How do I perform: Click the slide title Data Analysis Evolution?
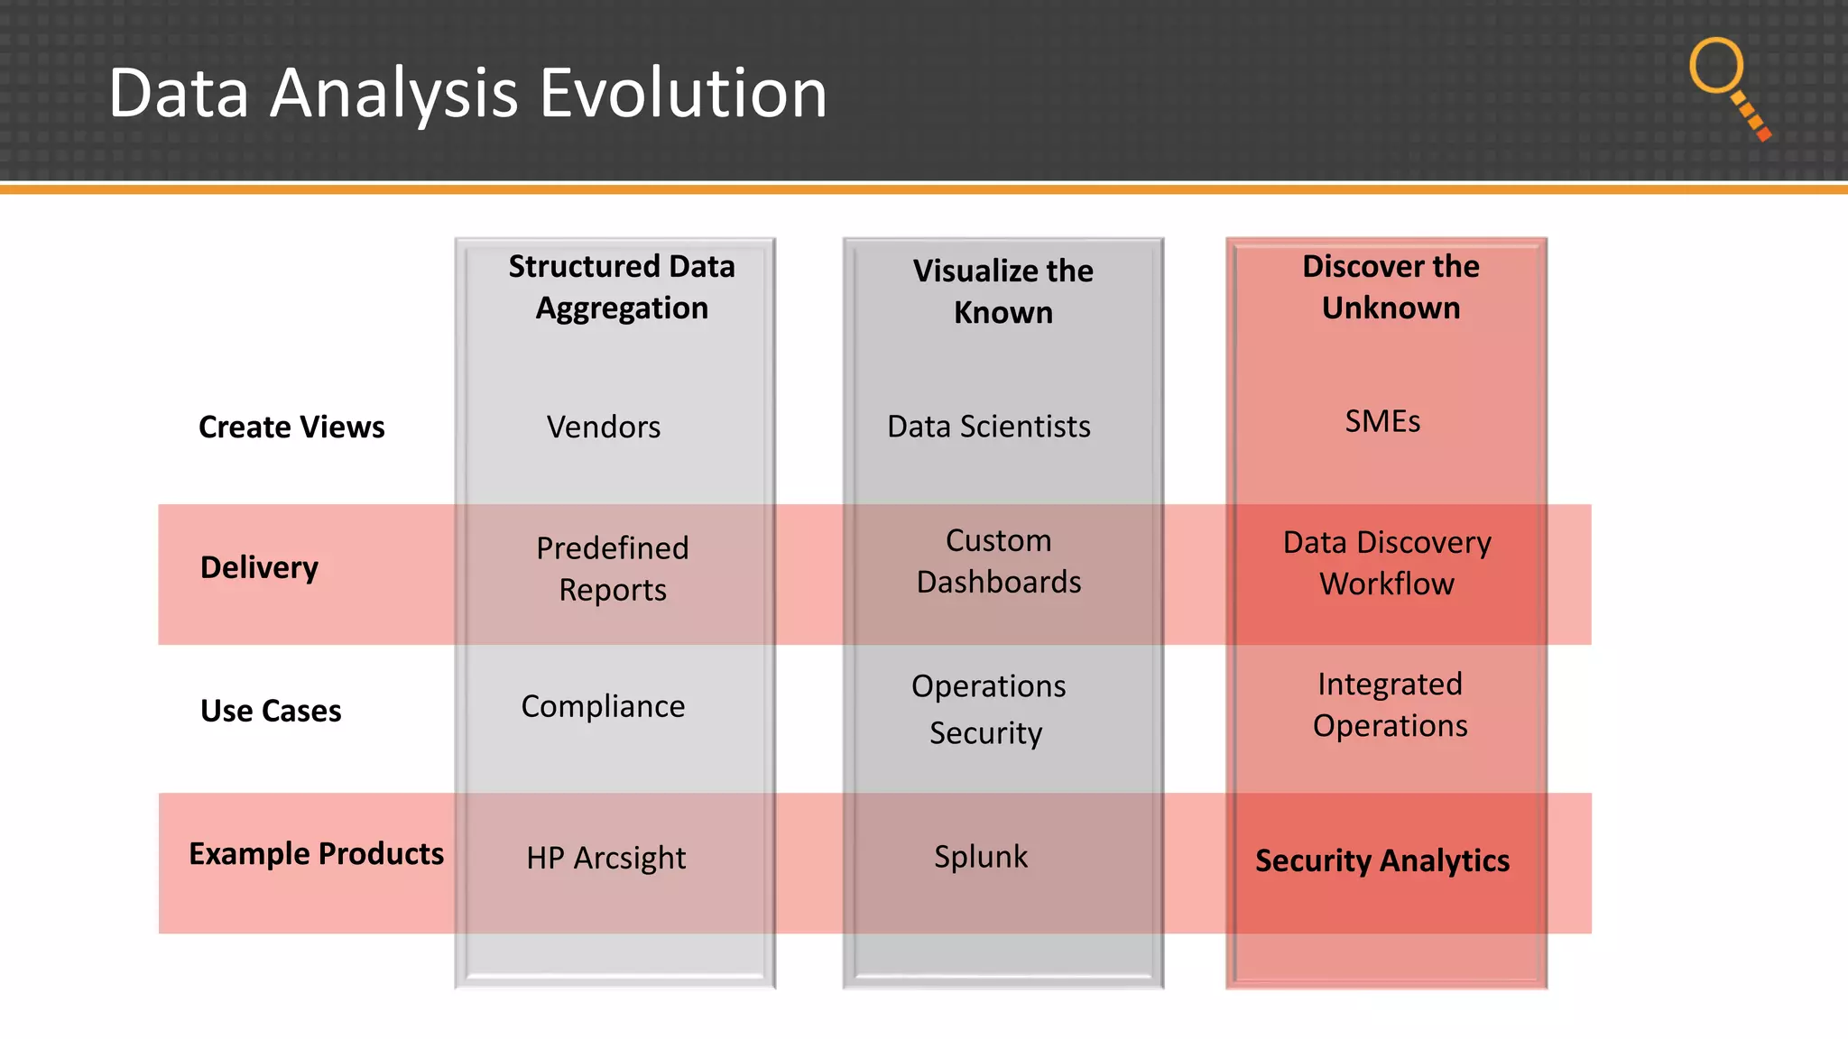pos(467,93)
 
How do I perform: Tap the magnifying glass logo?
pos(1727,87)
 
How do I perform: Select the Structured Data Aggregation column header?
pos(622,287)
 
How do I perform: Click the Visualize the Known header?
pos(1003,291)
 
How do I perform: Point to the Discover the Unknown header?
pos(1391,287)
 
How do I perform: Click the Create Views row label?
pos(291,427)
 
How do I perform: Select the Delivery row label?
pos(259,567)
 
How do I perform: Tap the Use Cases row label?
pos(271,711)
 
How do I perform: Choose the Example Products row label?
pos(316,853)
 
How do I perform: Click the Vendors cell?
pos(604,427)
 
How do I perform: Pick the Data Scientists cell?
pos(989,426)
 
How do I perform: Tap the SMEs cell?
pos(1382,421)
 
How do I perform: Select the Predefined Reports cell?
pos(613,568)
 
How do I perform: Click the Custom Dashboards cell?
pos(999,561)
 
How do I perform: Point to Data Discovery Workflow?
pos(1387,563)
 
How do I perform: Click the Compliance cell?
pos(603,706)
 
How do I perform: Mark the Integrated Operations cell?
pos(1390,704)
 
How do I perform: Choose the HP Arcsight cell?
pos(606,858)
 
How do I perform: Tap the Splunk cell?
pos(981,856)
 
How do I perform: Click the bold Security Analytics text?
pos(1382,860)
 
